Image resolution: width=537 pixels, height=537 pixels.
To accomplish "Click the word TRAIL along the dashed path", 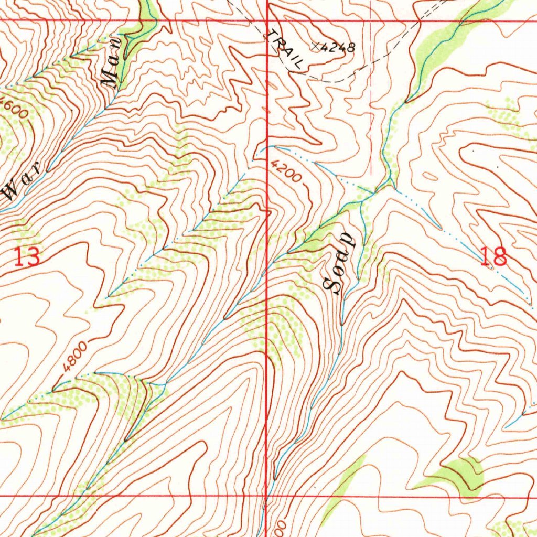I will pos(285,50).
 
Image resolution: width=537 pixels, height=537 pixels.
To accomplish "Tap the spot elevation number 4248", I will pos(338,48).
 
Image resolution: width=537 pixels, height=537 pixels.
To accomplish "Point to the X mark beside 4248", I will pos(316,47).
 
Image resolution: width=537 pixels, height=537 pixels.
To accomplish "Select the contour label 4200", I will pos(287,171).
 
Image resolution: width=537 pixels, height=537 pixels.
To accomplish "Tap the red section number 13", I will pos(26,257).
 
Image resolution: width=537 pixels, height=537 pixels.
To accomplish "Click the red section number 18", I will pos(493,256).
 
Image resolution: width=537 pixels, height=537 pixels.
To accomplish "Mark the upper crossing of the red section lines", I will pos(267,20).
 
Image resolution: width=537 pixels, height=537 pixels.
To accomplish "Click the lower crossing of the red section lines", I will pos(267,495).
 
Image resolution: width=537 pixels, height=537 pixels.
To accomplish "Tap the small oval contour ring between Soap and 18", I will pos(428,176).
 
